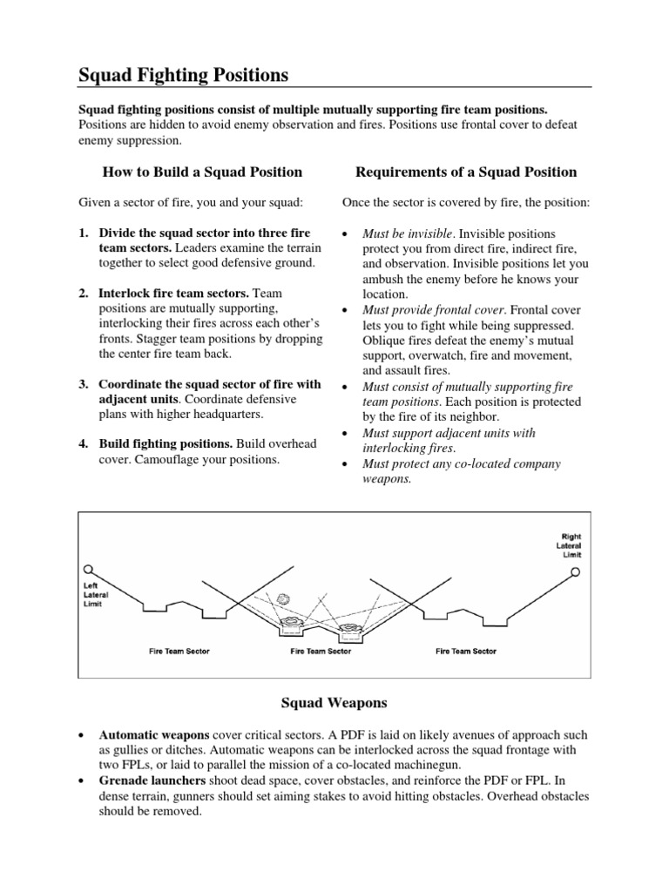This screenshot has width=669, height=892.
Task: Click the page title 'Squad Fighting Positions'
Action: (x=183, y=76)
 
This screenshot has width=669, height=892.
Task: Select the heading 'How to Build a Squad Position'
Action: (x=202, y=172)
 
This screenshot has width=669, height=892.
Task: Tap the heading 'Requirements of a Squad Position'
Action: (x=459, y=172)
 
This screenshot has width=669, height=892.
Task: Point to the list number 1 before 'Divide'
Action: (x=83, y=234)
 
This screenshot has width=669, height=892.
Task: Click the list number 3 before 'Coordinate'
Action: (x=83, y=384)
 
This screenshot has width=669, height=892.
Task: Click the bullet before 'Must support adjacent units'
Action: (x=347, y=433)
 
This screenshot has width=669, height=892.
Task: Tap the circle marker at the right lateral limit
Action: (x=575, y=572)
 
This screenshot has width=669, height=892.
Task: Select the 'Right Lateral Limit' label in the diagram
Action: (x=570, y=545)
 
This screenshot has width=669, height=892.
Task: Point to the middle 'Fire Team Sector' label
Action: (x=321, y=651)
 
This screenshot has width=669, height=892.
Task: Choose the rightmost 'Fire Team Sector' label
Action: (x=465, y=651)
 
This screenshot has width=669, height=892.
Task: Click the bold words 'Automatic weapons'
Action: (x=152, y=734)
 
